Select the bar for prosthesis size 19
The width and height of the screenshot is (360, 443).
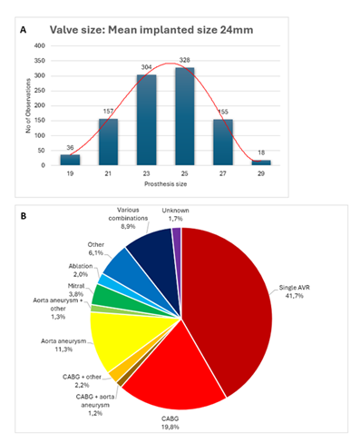pyautogui.click(x=69, y=160)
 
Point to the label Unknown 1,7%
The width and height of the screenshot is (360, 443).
pyautogui.click(x=176, y=216)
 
